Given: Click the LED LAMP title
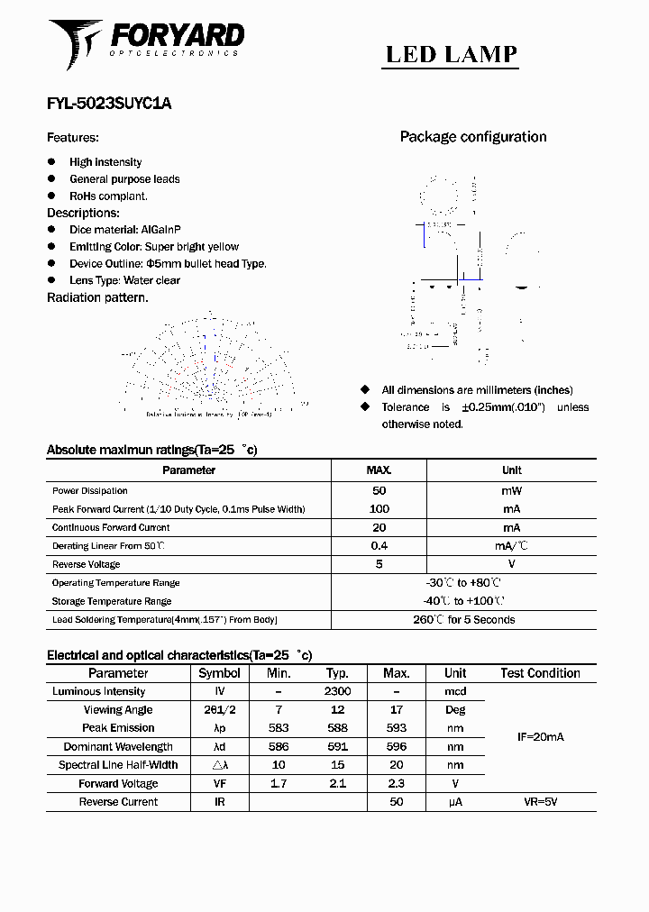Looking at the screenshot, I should [x=452, y=54].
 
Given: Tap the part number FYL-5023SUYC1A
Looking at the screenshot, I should [x=109, y=104].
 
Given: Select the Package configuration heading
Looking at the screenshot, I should [x=473, y=137].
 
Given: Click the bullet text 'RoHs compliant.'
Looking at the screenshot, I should [x=108, y=196].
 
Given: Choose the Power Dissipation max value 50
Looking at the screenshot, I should [x=379, y=491].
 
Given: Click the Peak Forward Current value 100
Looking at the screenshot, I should [x=379, y=509].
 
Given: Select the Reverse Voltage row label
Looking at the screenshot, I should [x=87, y=564].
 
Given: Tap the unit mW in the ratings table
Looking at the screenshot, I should [x=511, y=491].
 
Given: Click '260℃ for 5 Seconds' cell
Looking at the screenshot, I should [x=463, y=620].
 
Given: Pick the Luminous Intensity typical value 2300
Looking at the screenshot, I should [x=337, y=691].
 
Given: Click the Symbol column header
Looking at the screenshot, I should [x=219, y=673].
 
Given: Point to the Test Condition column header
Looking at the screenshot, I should [x=540, y=673].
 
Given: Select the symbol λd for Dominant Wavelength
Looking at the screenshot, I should [x=219, y=746].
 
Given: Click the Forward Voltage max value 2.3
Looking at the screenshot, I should [x=396, y=784].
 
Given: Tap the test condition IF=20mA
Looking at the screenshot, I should [x=540, y=737].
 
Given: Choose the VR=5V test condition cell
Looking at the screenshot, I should [x=540, y=802].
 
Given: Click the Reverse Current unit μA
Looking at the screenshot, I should [x=455, y=802].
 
